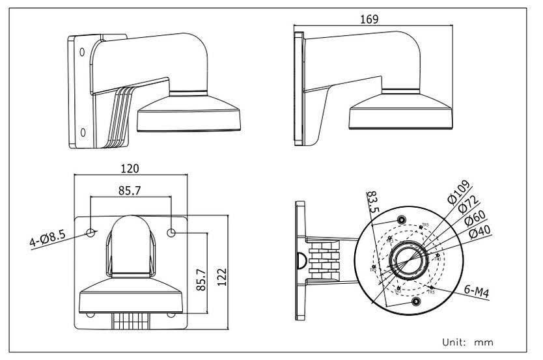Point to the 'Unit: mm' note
(x=467, y=341)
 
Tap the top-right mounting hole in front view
(x=172, y=232)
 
